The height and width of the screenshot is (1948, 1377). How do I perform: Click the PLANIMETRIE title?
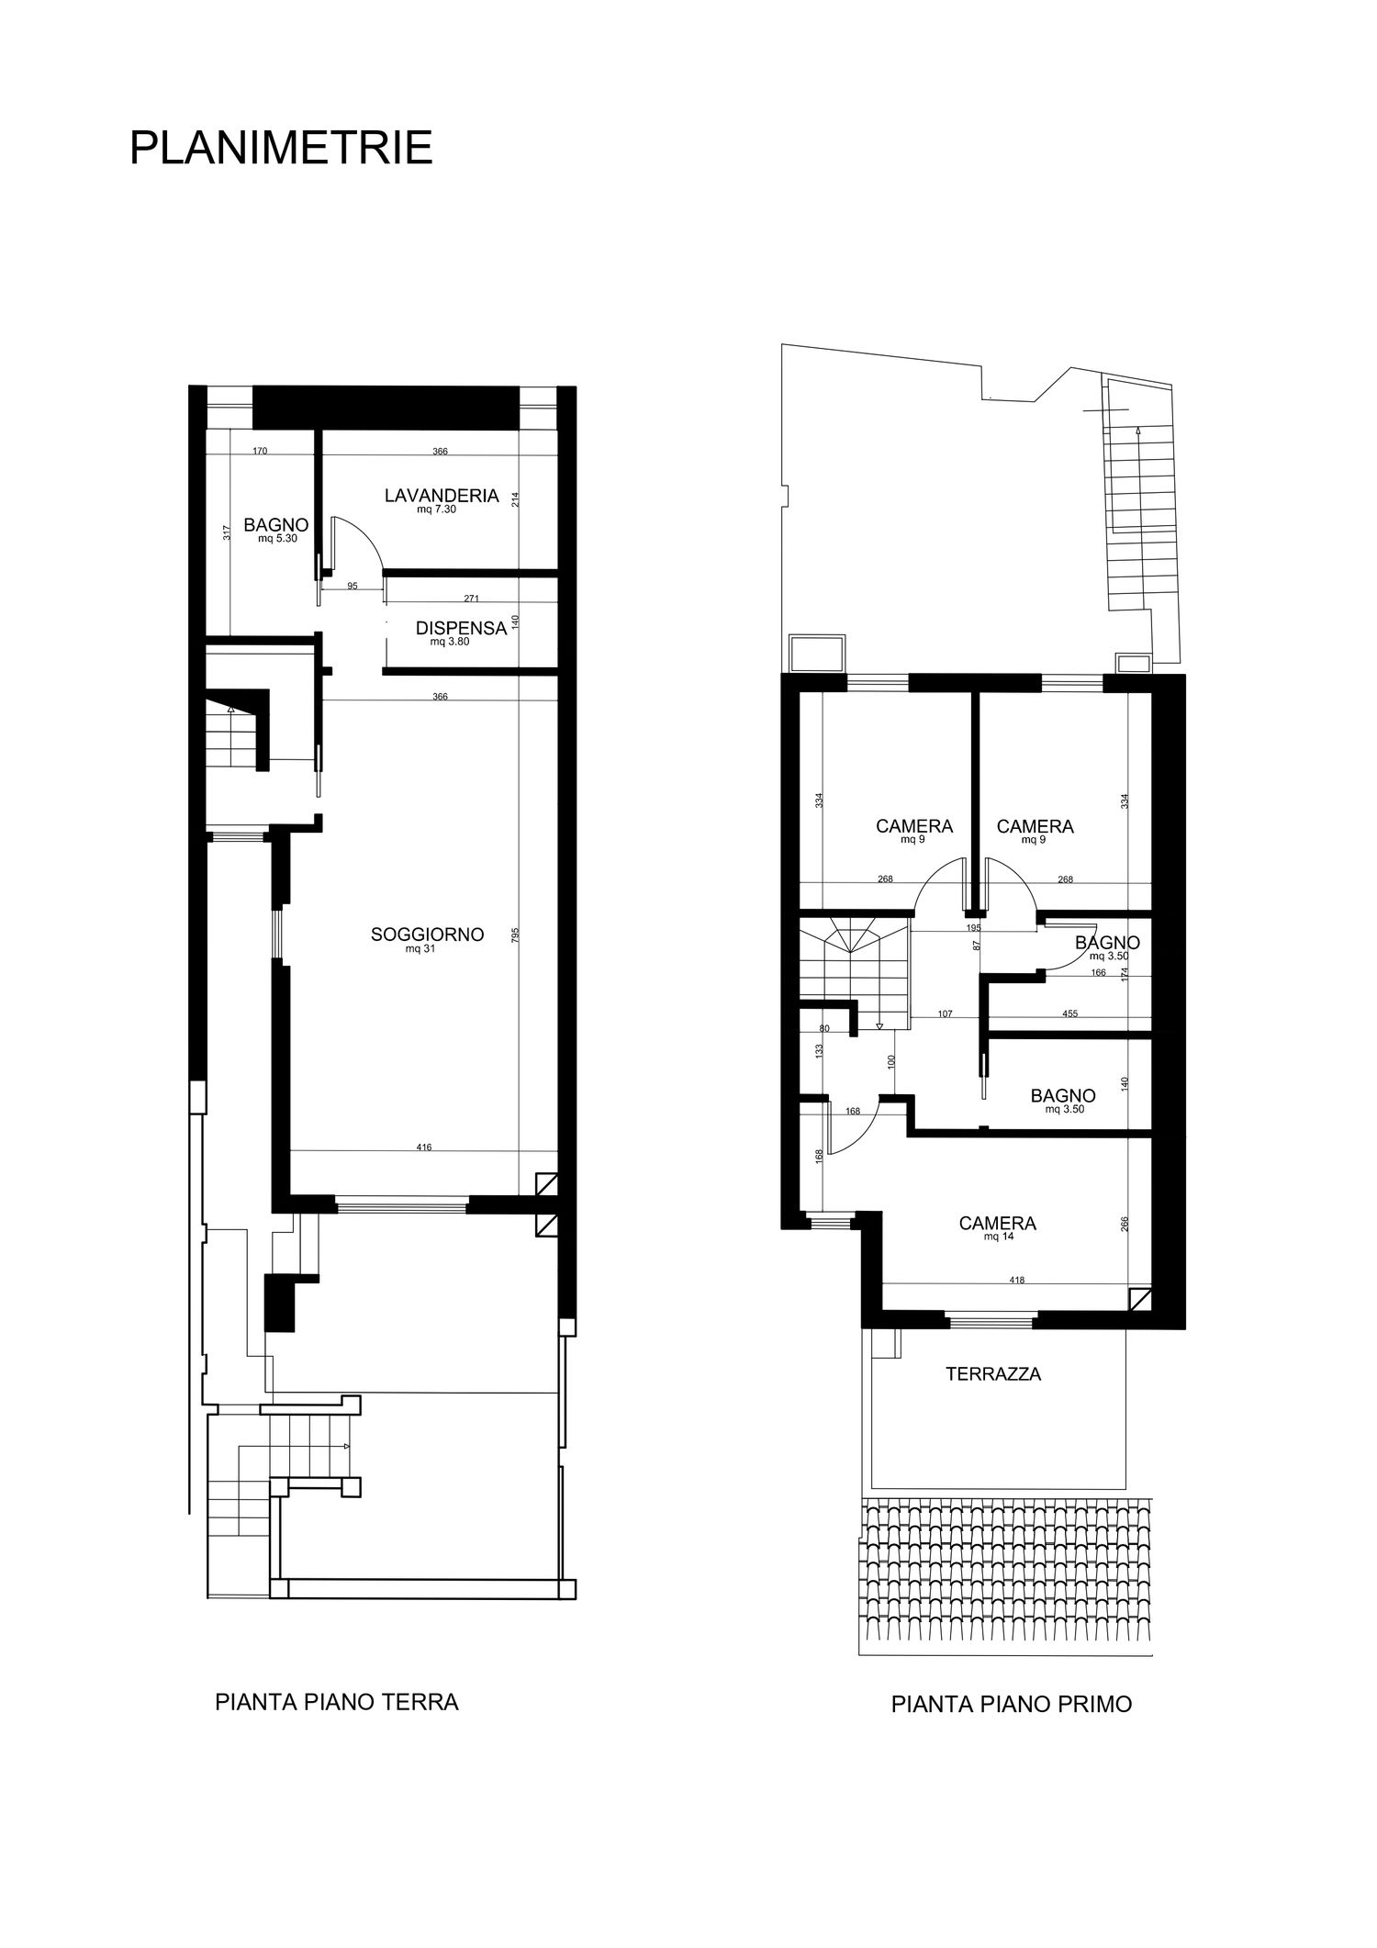coord(281,148)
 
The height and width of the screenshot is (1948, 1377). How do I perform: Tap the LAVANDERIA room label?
coord(442,496)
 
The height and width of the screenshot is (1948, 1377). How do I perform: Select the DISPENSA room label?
coord(461,629)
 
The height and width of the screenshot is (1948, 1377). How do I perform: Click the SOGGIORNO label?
coord(427,935)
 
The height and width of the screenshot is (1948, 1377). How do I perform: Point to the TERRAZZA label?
coord(993,1374)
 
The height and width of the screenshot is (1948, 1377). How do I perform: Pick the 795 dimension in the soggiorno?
coord(516,935)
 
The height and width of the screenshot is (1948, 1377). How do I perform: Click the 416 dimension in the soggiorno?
coord(423,1147)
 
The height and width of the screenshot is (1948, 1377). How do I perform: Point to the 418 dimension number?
coord(1016,1280)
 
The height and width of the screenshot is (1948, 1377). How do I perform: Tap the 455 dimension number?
coord(1069,1014)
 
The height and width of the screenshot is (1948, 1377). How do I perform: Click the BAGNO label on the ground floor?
coord(275,525)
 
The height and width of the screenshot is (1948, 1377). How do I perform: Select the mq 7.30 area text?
coord(437,509)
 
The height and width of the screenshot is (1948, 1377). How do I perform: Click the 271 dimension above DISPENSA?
coord(472,599)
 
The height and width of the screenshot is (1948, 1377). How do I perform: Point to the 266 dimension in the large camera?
coord(1125,1224)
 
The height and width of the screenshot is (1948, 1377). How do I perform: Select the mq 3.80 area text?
coord(450,643)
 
